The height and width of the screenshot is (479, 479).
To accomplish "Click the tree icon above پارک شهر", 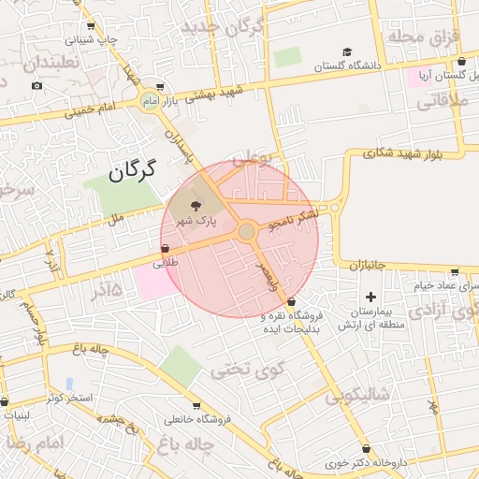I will click(x=196, y=206).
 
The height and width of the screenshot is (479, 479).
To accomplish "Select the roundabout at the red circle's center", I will click(x=247, y=231).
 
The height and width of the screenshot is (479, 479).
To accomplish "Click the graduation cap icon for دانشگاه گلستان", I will click(x=347, y=51).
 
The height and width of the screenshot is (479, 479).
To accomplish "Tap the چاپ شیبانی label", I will click(x=92, y=40).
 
